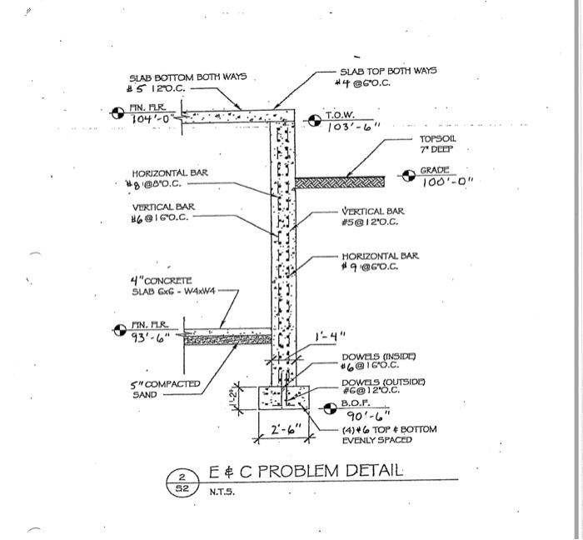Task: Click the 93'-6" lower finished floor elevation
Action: pyautogui.click(x=151, y=337)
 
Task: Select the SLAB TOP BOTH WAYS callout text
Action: pyautogui.click(x=388, y=72)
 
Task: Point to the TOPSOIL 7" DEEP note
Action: pyautogui.click(x=437, y=144)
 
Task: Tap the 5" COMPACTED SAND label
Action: pyautogui.click(x=167, y=389)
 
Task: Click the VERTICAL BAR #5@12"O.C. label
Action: pyautogui.click(x=372, y=217)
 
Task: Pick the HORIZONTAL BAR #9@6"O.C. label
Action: pyautogui.click(x=380, y=261)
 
